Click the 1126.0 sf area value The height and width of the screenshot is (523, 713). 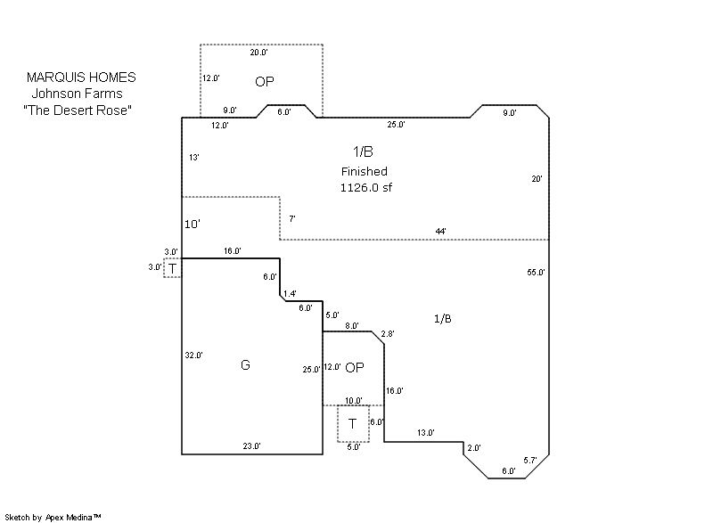point(365,188)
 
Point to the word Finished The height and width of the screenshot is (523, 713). point(365,171)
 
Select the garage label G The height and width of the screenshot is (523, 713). point(245,364)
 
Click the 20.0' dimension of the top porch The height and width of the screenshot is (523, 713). point(258,53)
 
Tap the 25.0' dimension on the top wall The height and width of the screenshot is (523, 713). point(397,125)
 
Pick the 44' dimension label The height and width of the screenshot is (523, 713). point(440,231)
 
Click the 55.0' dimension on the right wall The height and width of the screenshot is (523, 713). point(536,272)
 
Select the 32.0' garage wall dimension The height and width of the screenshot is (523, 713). point(193,355)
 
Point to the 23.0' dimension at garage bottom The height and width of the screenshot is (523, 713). point(252,445)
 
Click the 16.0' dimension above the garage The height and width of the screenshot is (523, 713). point(232,251)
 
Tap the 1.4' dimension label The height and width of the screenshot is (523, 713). point(290,293)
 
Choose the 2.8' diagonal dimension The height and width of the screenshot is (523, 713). point(387,334)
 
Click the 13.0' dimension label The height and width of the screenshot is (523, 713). point(425,433)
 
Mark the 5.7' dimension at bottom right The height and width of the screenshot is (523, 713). point(530,461)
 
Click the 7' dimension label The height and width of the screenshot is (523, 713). point(292,218)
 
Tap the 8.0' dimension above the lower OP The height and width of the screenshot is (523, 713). point(351,326)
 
